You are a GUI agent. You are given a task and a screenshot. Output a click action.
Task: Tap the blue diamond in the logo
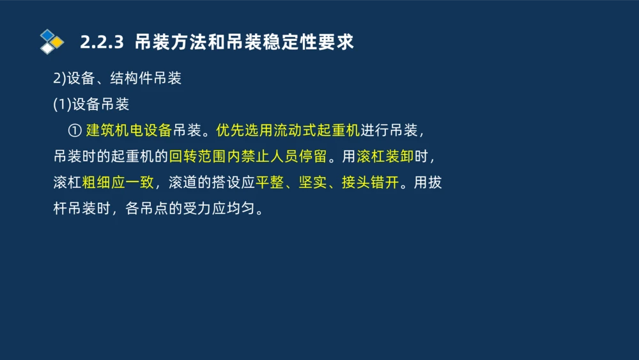tap(48, 35)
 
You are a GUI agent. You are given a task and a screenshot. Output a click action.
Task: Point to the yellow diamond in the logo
tap(58, 42)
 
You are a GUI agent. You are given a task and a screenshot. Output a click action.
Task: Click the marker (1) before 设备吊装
tap(62, 105)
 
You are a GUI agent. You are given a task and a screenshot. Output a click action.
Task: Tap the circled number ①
tap(74, 130)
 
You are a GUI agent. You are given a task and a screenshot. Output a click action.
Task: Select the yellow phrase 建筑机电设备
tap(129, 130)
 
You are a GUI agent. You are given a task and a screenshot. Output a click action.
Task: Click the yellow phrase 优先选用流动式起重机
tap(288, 130)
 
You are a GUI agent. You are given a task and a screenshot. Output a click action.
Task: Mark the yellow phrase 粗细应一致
tap(118, 183)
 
